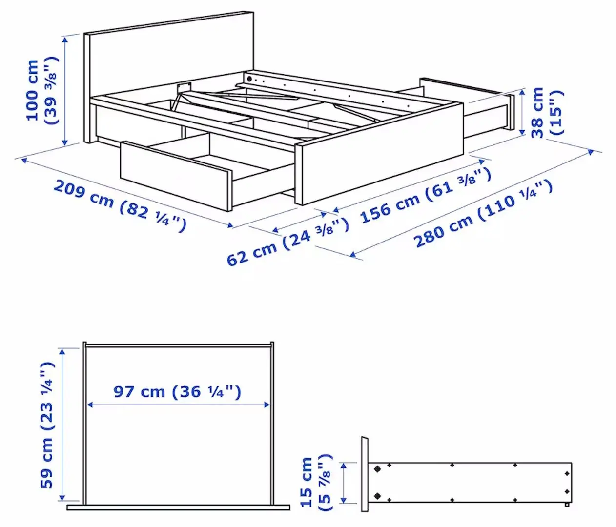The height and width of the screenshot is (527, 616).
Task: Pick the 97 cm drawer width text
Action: [x=177, y=391]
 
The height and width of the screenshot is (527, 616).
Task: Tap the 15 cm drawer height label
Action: [x=314, y=483]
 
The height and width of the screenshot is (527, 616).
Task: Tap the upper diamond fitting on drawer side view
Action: [x=377, y=469]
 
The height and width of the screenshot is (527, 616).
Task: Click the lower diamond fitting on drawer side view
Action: [x=377, y=496]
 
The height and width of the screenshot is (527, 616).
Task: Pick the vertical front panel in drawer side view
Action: [x=364, y=474]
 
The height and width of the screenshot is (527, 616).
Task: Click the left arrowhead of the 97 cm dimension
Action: [x=90, y=405]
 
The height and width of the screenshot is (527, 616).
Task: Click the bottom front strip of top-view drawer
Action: [x=178, y=507]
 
